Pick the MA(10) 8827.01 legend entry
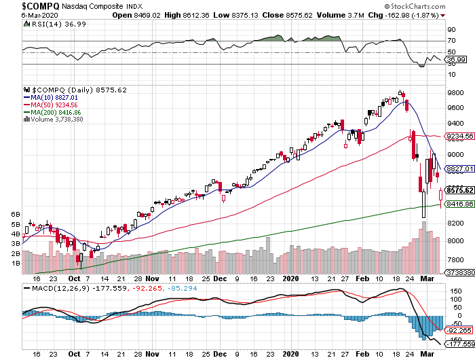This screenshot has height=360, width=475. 52,98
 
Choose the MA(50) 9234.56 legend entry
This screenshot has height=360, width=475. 52,105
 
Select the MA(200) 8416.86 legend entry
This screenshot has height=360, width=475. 54,113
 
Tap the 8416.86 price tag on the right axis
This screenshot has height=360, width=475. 459,204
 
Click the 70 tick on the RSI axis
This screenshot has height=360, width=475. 451,41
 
